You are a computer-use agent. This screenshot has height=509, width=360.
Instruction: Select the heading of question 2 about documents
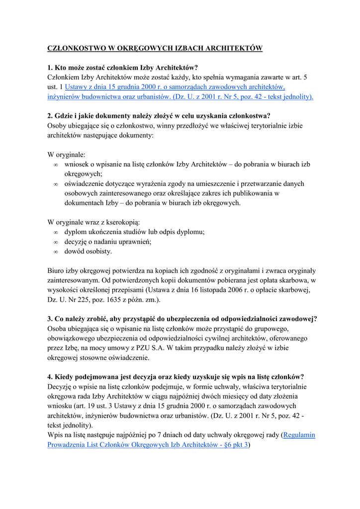159,116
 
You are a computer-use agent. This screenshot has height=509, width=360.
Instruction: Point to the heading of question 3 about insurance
182,319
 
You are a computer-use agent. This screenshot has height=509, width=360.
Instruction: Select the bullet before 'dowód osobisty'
56,252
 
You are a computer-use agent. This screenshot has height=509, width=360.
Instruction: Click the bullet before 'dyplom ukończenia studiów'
56,232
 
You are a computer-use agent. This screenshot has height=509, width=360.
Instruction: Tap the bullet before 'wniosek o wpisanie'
56,165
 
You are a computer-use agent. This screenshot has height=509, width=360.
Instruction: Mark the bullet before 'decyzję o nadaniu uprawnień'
56,242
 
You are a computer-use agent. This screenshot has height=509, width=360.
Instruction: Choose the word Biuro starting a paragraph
55,271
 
